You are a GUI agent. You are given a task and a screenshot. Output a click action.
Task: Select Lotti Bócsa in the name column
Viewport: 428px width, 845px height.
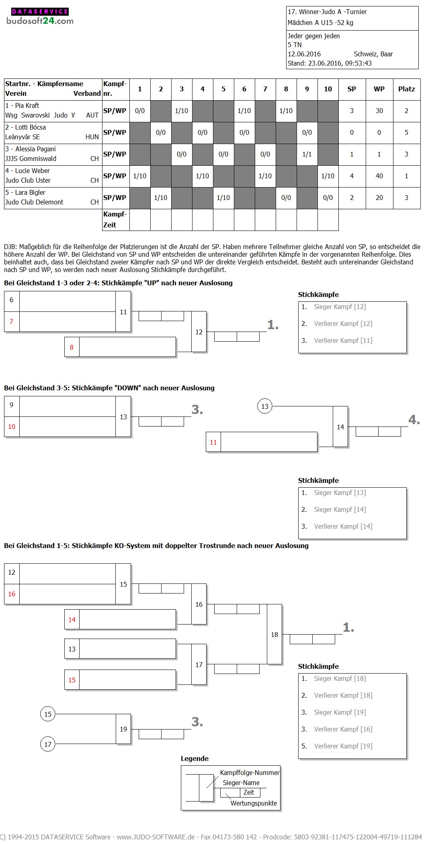(30, 127)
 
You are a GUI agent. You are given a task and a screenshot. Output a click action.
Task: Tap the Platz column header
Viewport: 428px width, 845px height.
(406, 89)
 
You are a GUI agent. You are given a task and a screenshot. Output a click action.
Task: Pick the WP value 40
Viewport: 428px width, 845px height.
(379, 176)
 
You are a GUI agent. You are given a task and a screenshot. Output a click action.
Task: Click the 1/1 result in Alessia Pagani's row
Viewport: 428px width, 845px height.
(307, 154)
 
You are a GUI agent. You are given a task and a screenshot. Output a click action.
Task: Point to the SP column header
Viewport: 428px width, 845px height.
(352, 89)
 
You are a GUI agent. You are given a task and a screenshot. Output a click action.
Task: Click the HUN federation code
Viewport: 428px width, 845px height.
(92, 137)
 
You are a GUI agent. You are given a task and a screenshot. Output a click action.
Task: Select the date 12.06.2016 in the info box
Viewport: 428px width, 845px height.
(304, 54)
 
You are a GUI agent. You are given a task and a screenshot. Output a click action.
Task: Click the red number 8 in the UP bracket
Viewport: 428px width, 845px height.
(72, 347)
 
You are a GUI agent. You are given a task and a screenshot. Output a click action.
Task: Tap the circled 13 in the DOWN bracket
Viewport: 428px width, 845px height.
(264, 406)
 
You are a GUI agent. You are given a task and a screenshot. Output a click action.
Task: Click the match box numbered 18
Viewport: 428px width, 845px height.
(274, 635)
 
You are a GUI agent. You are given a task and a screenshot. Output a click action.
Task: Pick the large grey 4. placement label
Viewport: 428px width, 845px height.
(414, 420)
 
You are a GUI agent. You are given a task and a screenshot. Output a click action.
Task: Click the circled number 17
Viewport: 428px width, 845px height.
(48, 744)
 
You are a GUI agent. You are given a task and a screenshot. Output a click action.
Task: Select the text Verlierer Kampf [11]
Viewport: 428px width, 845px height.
(343, 340)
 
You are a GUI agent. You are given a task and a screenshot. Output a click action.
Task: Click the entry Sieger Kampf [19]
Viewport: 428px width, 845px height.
(340, 712)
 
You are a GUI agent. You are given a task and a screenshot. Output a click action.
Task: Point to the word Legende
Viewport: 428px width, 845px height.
(195, 758)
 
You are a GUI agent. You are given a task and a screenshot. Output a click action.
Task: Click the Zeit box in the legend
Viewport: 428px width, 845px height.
(249, 792)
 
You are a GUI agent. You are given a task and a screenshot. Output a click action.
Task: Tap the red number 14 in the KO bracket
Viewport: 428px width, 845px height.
(72, 620)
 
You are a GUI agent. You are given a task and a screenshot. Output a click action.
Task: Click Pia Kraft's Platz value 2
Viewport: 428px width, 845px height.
(406, 111)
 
